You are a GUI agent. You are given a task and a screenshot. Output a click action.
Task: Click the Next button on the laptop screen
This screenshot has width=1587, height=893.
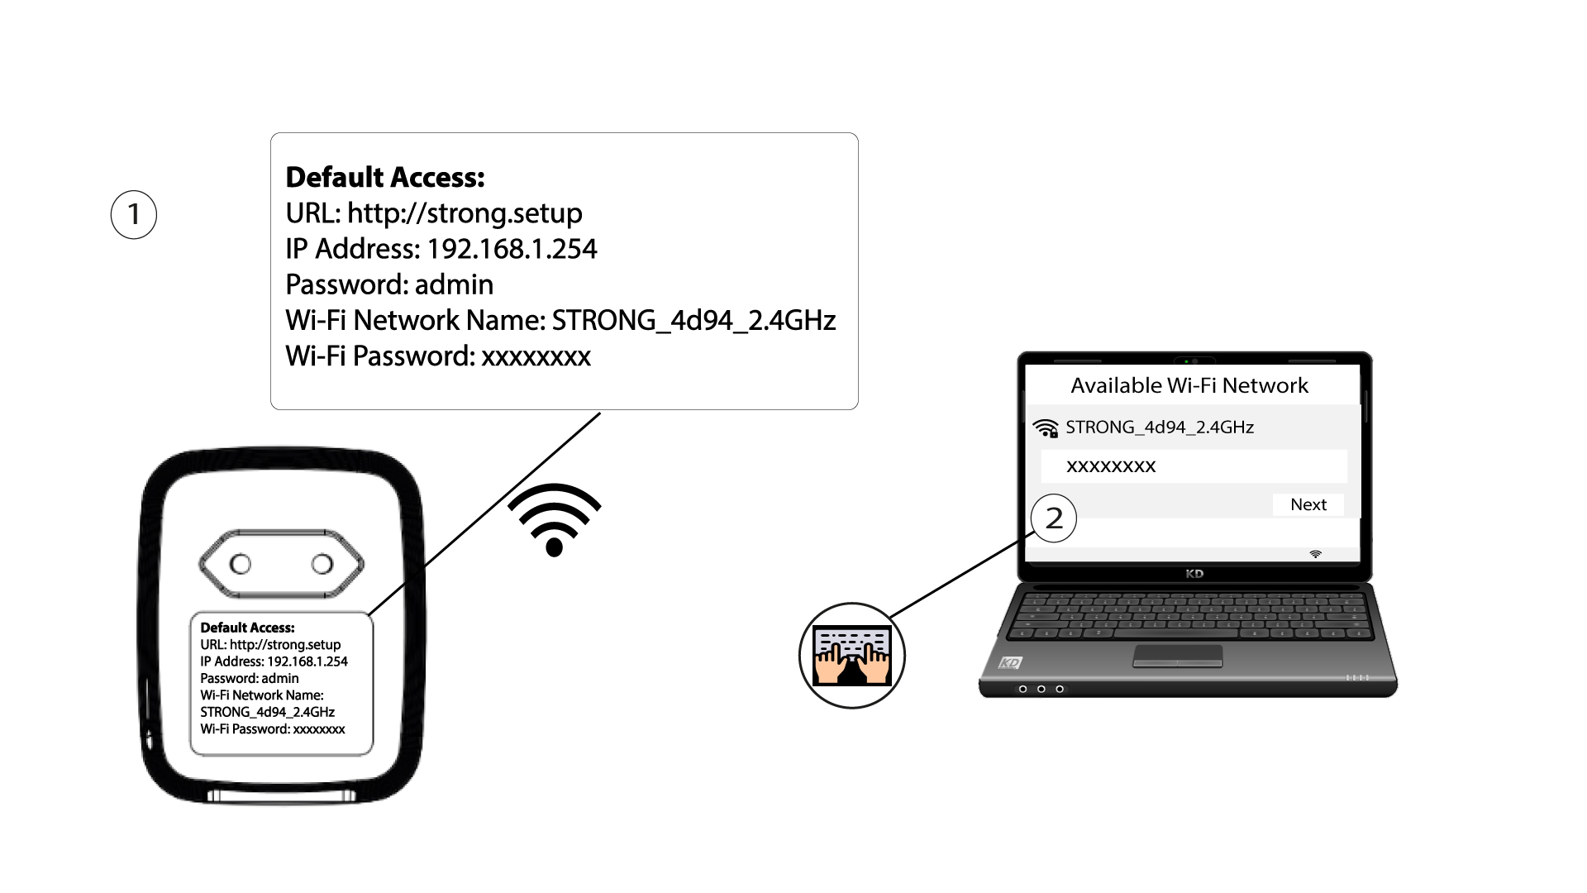(x=1308, y=504)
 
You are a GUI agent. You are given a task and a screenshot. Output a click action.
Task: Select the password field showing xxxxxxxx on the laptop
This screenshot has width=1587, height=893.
(x=1194, y=466)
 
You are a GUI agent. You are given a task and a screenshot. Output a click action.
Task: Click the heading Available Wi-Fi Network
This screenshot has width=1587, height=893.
(x=1189, y=385)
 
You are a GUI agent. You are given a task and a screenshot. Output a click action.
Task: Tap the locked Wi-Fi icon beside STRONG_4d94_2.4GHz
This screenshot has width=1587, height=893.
(x=1046, y=428)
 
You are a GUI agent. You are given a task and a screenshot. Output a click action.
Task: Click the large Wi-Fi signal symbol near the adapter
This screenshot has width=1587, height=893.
(x=555, y=520)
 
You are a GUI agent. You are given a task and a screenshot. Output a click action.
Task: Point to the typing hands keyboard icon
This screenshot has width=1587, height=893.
(x=852, y=656)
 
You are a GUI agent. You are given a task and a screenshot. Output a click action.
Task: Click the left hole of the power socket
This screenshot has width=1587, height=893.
(x=241, y=564)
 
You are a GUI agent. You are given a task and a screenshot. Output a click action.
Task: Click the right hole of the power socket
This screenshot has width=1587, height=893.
(x=322, y=564)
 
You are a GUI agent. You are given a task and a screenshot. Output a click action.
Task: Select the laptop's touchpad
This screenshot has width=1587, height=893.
(x=1177, y=656)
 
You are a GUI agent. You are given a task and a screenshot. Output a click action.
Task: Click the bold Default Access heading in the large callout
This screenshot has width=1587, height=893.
(x=385, y=177)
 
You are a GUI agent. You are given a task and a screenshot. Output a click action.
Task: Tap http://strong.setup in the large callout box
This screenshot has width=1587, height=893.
(x=465, y=213)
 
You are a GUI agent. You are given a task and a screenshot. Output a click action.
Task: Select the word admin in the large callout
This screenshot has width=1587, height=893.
(x=454, y=284)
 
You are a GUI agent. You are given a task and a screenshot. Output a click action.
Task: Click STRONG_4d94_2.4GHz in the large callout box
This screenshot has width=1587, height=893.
(x=693, y=320)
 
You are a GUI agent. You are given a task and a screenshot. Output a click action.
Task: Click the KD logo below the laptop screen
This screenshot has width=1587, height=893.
(x=1194, y=574)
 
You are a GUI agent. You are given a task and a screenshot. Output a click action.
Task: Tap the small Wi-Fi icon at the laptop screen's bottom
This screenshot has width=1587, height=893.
(x=1316, y=554)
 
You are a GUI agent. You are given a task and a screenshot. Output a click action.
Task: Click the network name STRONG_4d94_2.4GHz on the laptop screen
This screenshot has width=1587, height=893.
(x=1160, y=427)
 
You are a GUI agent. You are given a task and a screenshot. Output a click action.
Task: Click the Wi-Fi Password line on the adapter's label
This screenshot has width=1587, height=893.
(x=273, y=729)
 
